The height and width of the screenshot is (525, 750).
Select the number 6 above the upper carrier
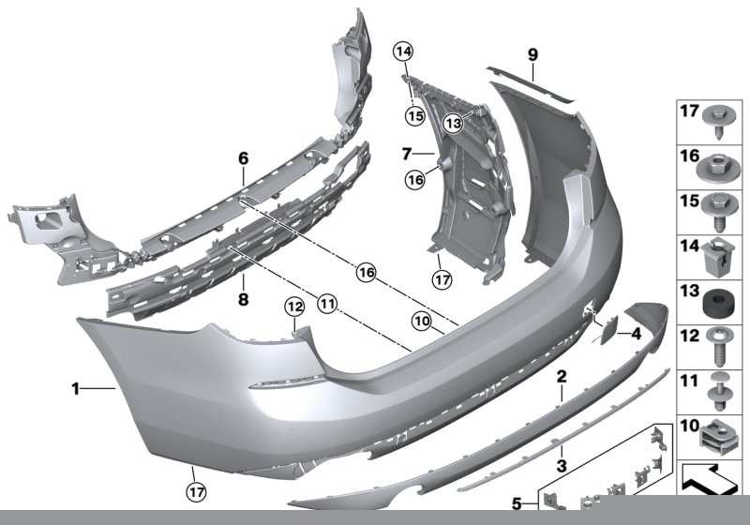click(243, 158)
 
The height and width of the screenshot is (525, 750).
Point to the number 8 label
click(243, 300)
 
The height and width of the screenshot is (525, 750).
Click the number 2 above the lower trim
click(562, 378)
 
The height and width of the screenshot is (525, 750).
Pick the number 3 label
click(562, 465)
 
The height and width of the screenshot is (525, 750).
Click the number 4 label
click(636, 332)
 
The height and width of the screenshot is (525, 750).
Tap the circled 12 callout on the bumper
click(294, 307)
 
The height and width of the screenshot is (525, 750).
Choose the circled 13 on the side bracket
click(453, 122)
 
